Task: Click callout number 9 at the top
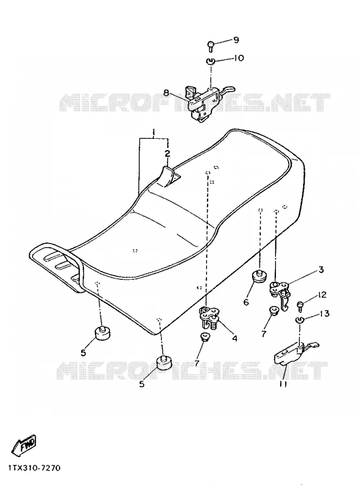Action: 236,40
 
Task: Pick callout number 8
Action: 166,92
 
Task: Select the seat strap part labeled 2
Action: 168,176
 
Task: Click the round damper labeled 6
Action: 258,277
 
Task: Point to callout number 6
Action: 246,302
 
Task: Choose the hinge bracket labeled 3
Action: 280,294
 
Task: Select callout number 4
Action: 234,338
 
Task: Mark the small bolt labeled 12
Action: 300,306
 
